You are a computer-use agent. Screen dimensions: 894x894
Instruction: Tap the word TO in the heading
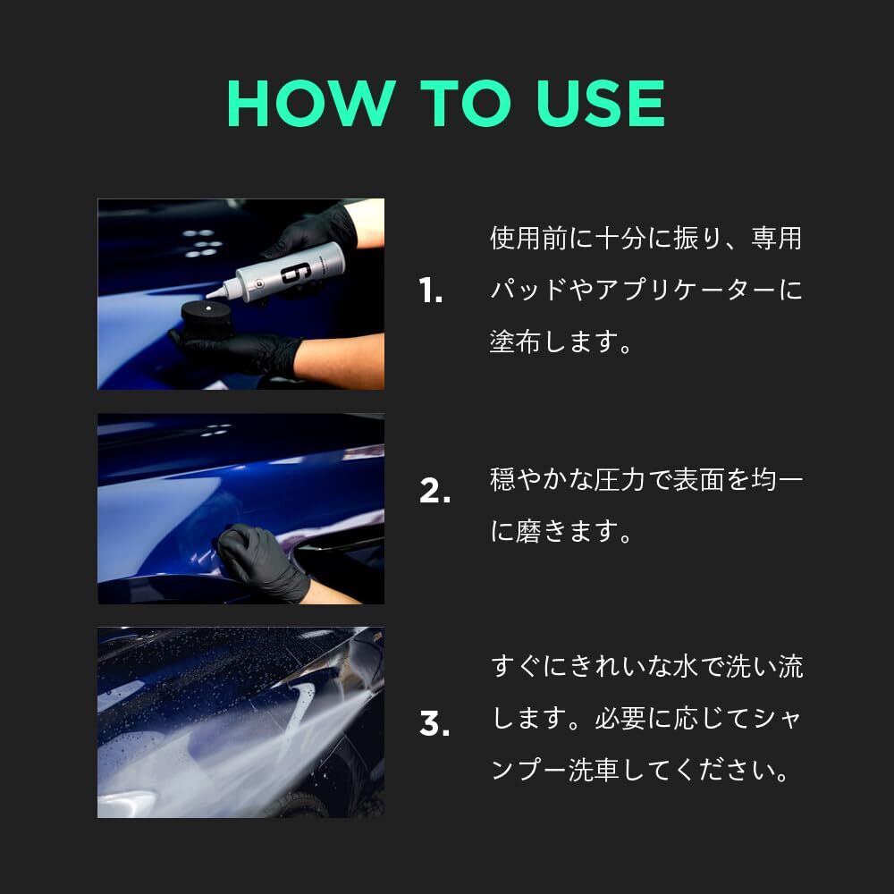tap(460, 105)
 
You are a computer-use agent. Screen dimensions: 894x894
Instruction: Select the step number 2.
tap(434, 491)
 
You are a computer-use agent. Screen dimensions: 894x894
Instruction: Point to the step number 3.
tap(434, 723)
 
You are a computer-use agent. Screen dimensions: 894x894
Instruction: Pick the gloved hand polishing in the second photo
tap(259, 559)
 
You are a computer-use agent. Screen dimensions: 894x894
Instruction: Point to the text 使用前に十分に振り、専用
tap(645, 239)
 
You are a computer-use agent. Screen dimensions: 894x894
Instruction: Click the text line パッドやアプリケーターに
tap(645, 291)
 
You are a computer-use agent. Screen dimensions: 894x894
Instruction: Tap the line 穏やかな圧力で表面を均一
tap(645, 480)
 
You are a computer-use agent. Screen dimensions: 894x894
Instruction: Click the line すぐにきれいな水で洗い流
tap(646, 667)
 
